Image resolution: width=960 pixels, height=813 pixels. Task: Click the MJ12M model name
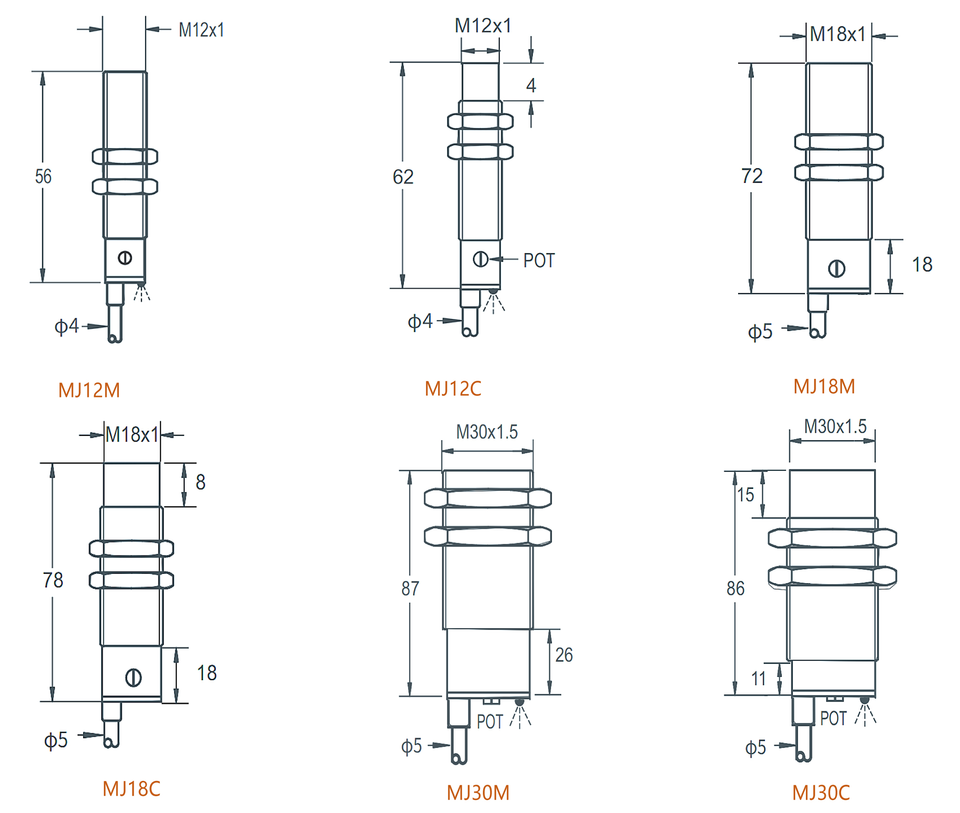89,390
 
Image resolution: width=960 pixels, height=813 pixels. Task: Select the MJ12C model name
453,389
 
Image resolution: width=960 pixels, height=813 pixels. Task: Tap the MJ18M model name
824,386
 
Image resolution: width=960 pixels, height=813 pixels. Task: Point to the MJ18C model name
131,789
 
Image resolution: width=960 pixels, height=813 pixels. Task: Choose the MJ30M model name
478,793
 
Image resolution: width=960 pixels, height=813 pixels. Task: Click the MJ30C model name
821,793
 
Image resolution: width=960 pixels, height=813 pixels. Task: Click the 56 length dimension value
43,176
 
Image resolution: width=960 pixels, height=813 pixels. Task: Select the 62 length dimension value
403,177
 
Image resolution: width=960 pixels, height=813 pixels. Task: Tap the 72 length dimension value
752,176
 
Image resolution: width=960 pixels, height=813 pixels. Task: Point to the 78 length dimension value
53,580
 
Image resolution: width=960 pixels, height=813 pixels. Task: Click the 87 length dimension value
410,588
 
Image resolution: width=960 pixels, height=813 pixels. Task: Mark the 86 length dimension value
735,588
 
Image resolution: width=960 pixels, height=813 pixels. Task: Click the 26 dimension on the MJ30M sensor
564,655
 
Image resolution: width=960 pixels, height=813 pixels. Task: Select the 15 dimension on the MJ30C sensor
746,494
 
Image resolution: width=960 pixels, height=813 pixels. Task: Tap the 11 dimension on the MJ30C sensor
759,679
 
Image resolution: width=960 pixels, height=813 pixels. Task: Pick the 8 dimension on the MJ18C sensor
201,482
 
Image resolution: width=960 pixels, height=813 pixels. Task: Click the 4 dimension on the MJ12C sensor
531,85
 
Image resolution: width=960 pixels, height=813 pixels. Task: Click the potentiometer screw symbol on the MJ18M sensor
837,268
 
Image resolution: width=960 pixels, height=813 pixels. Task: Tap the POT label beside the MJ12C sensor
539,260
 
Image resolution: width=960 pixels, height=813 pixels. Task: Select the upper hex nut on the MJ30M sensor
488,498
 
